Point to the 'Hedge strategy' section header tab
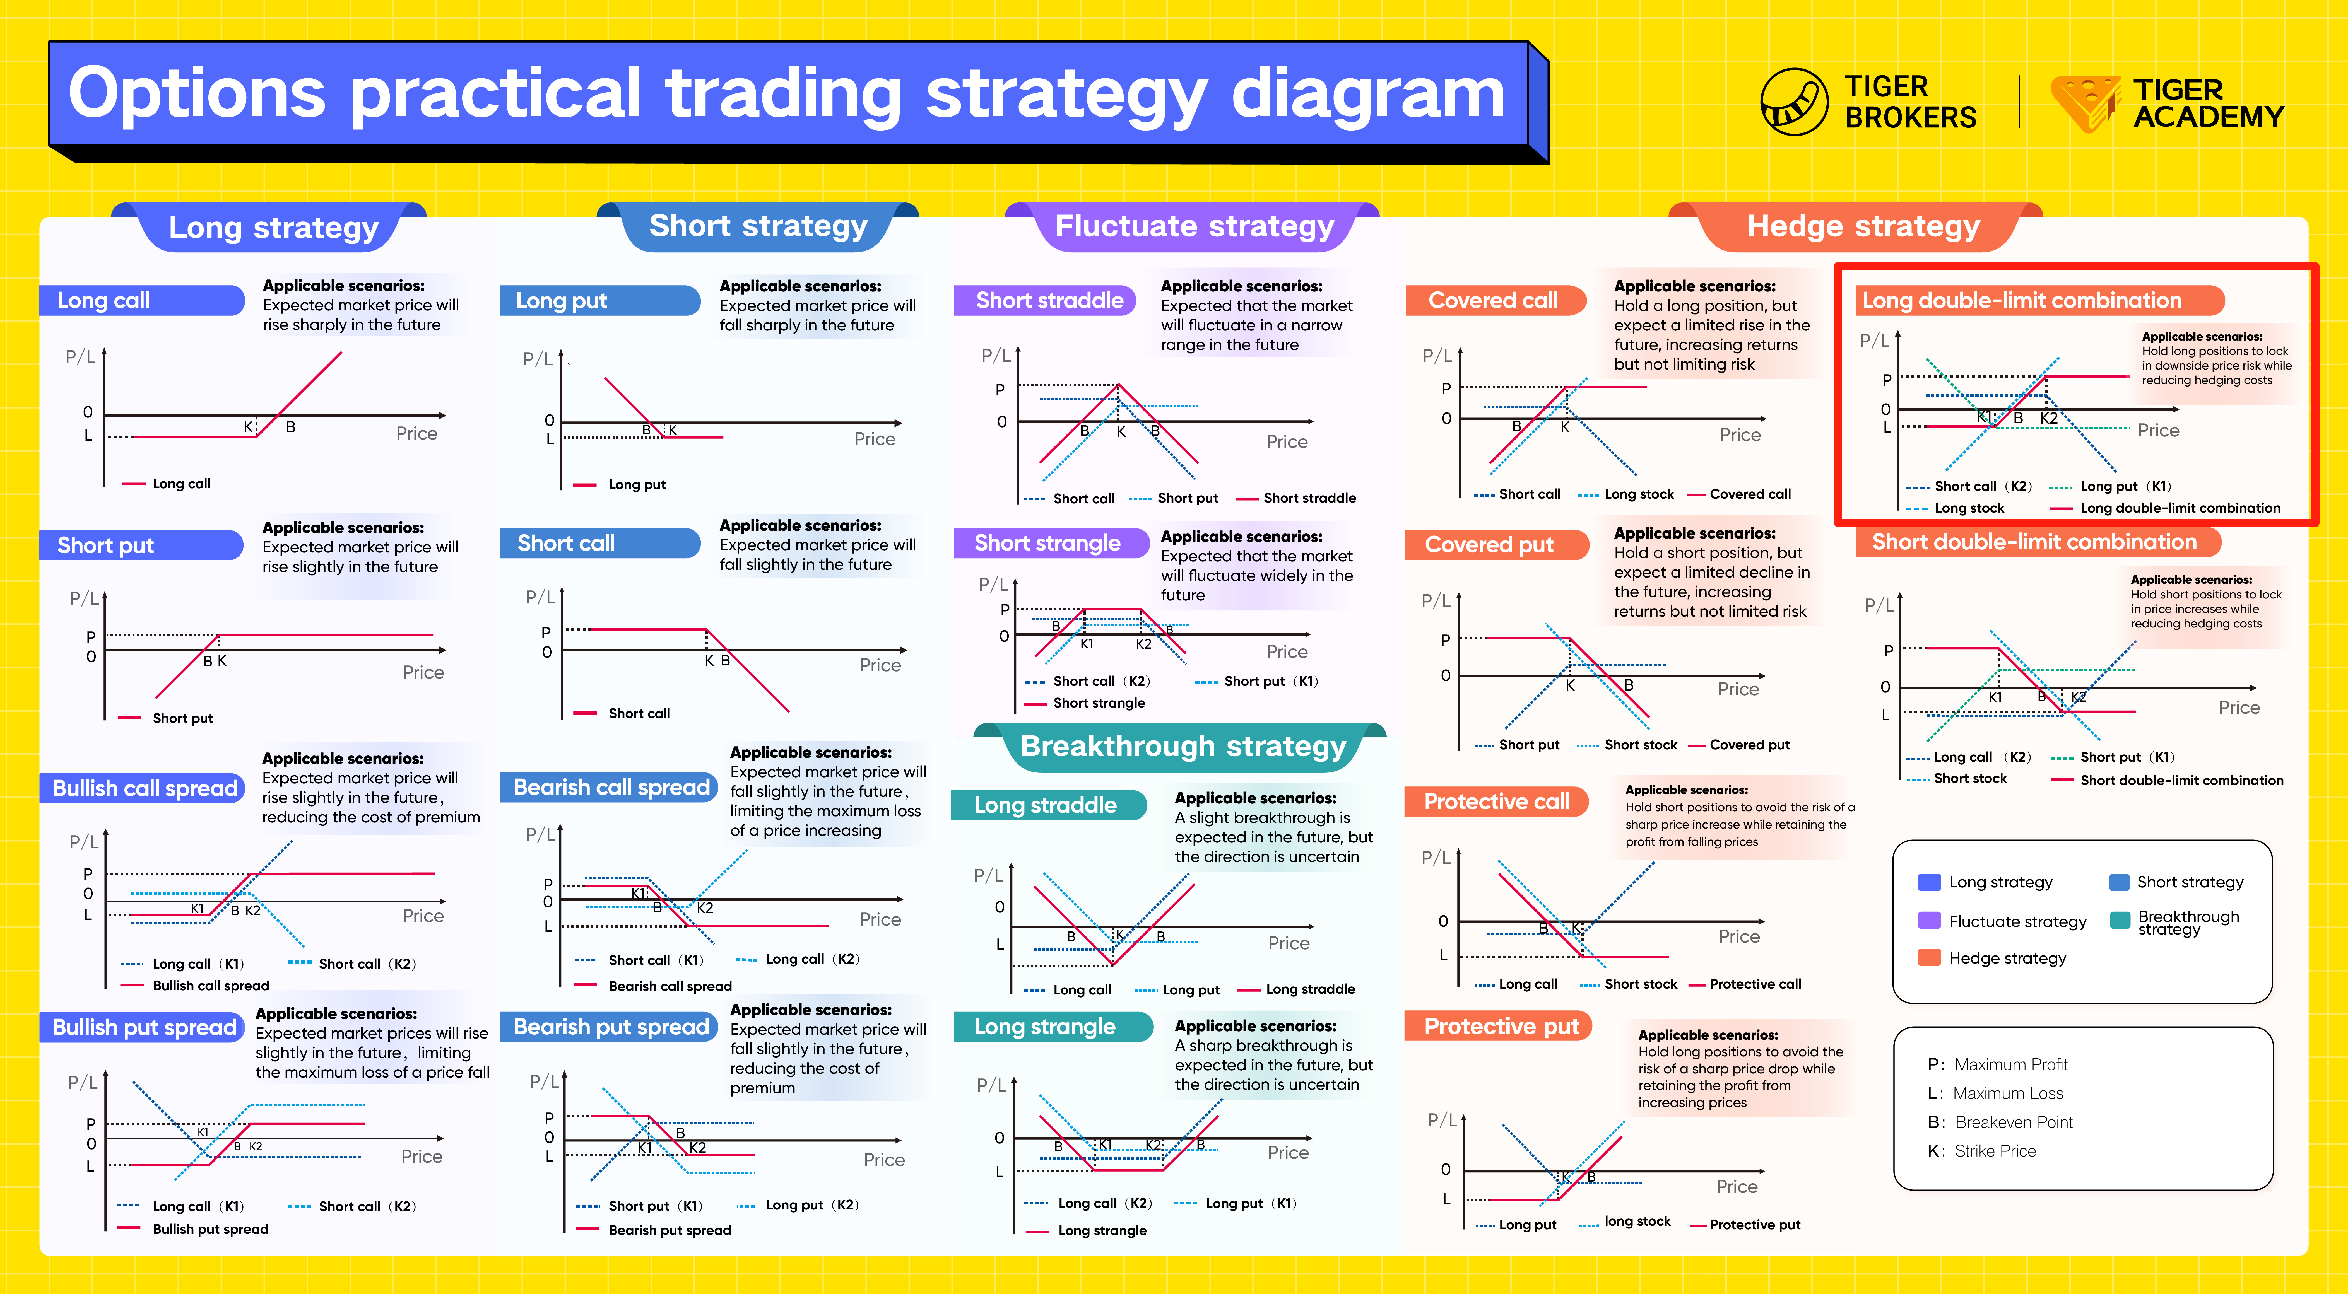tap(1863, 226)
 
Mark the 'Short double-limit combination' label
tap(2034, 542)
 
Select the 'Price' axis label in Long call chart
tap(416, 434)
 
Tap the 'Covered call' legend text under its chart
tap(1750, 494)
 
